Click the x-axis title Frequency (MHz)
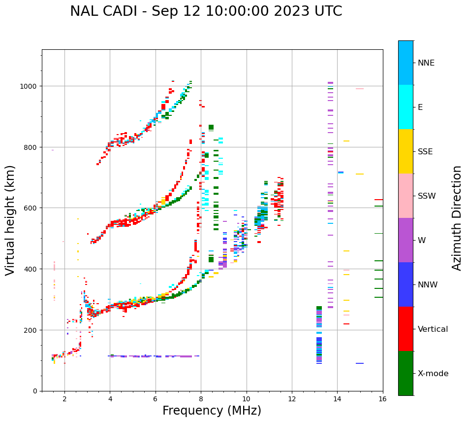tap(212, 411)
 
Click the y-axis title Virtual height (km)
tap(10, 220)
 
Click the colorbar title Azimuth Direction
tap(457, 218)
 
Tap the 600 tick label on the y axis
tap(32, 208)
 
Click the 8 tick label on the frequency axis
tap(201, 399)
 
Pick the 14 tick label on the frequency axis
tap(337, 399)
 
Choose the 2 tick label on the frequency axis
tap(64, 399)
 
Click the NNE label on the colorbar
tap(426, 63)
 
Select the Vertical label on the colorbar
tap(433, 329)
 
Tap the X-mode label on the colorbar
tap(433, 374)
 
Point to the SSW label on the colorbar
tap(427, 196)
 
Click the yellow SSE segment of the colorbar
tap(406, 151)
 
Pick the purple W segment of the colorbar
tap(406, 240)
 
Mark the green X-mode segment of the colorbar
tap(406, 373)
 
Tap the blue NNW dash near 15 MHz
tap(360, 363)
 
